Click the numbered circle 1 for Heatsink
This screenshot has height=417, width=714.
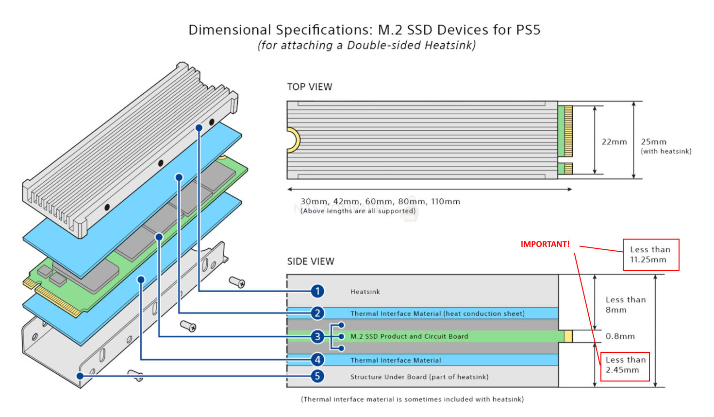(317, 291)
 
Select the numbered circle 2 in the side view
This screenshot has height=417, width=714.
(317, 313)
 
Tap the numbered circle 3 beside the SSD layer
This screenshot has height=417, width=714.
(317, 336)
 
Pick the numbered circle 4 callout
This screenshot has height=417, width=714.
(317, 360)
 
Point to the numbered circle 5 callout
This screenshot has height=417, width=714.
(317, 376)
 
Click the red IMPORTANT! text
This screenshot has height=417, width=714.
(545, 244)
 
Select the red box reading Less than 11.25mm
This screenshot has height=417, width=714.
(650, 255)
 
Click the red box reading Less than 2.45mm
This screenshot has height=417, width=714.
(625, 366)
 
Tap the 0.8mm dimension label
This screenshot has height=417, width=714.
(620, 336)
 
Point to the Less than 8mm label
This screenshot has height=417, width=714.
(625, 305)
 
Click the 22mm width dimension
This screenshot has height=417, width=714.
(614, 142)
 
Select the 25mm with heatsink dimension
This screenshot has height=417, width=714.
(665, 146)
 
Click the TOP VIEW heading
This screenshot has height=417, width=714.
(310, 87)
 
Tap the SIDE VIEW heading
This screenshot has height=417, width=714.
(311, 261)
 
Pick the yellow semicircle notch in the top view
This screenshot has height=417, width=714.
(293, 140)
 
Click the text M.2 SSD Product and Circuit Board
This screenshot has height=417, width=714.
(409, 336)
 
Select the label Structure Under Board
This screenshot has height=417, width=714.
(419, 377)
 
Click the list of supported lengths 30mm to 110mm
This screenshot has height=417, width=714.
(380, 202)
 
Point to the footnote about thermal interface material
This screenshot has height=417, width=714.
(412, 399)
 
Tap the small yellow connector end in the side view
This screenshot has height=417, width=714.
(568, 336)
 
